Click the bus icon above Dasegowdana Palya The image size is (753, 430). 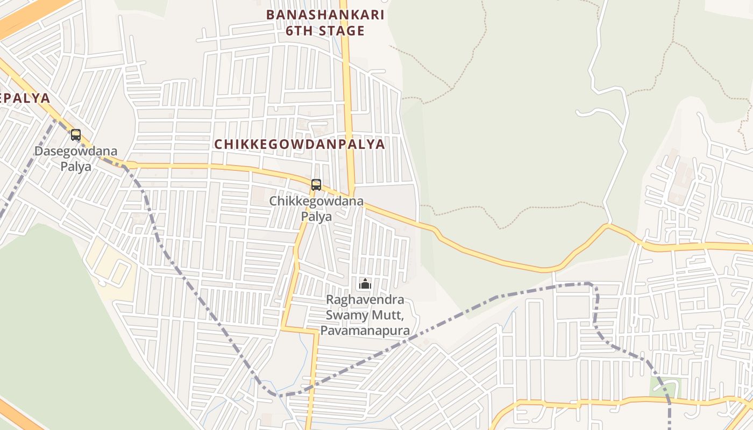tap(76, 134)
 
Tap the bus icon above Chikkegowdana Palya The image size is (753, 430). tap(316, 184)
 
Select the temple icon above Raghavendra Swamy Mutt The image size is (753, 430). tap(365, 284)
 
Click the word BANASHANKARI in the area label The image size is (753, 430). tap(325, 15)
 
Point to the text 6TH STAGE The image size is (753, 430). tap(325, 31)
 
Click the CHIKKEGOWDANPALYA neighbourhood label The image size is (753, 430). tap(300, 144)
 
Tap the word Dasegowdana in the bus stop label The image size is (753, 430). tap(76, 151)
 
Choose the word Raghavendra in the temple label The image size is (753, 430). tap(365, 299)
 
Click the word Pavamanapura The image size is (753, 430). tap(365, 330)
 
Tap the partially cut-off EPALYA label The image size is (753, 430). tap(25, 98)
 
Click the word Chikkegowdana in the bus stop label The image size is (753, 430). tap(316, 201)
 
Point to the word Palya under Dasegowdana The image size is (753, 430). tap(76, 166)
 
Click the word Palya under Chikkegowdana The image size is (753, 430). tap(316, 216)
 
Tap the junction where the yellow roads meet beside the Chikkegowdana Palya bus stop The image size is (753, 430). tap(351, 196)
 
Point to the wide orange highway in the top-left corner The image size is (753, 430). tap(27, 19)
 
